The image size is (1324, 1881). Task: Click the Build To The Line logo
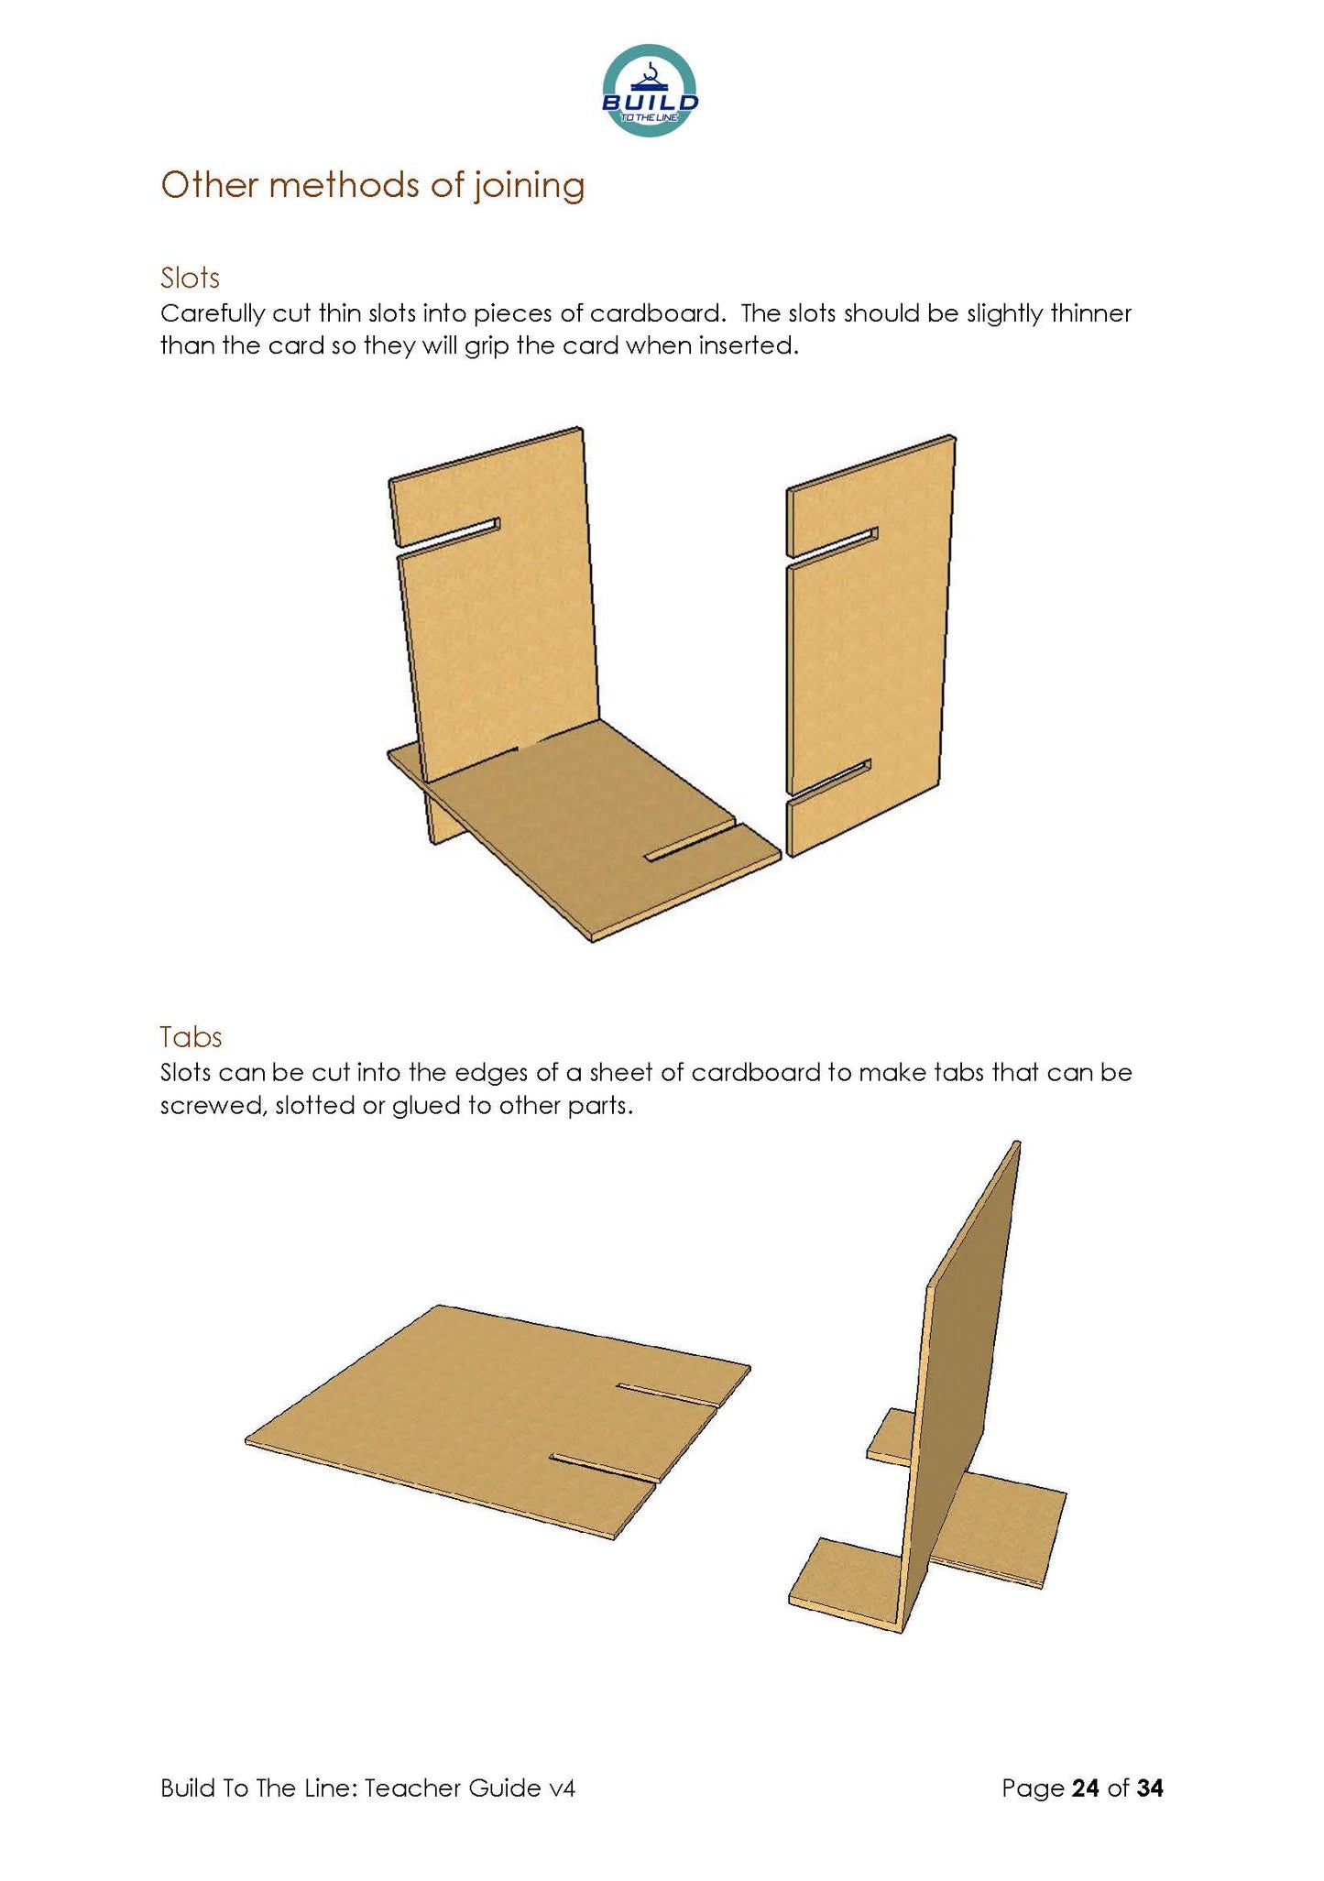650,91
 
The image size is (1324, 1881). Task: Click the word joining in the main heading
529,185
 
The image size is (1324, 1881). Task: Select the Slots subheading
190,278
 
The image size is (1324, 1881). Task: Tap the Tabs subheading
191,1036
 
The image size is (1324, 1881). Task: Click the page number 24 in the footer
1085,1788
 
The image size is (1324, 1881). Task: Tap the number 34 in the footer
1150,1788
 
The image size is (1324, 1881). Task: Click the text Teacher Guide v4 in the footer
469,1788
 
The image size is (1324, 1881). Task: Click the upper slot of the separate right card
832,545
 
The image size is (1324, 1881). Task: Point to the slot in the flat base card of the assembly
690,844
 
